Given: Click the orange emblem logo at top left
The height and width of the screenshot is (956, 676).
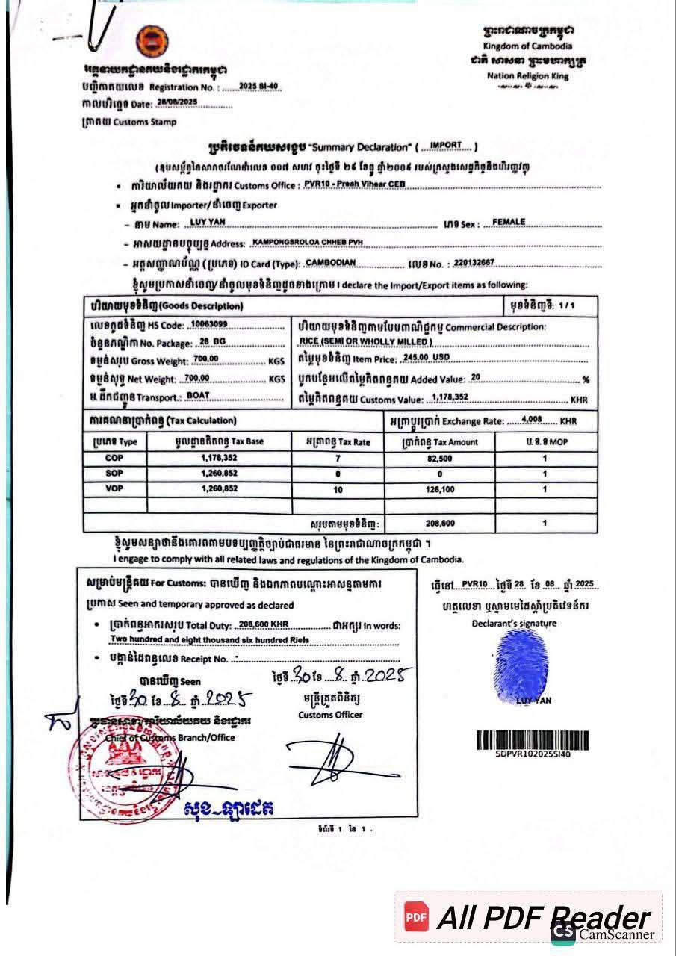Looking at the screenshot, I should coord(152,42).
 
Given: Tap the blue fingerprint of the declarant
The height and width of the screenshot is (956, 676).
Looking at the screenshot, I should coord(521,666).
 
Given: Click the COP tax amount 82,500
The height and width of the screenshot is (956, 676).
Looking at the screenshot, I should coord(438,459).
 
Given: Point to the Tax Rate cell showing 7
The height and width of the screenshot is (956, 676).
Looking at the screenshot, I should coord(338,459).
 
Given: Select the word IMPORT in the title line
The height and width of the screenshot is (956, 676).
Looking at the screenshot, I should coord(446,145).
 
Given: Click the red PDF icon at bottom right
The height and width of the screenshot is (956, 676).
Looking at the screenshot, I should coord(416,916).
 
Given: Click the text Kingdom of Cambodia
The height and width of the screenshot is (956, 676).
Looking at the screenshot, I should coord(527,46).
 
